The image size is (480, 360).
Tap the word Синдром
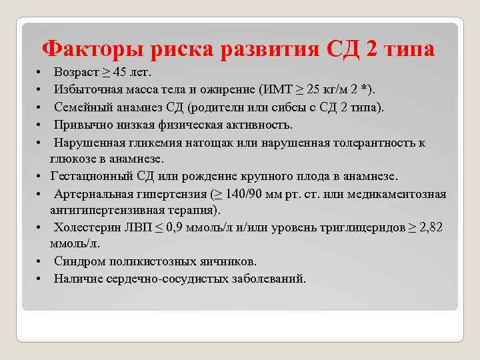(77, 262)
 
